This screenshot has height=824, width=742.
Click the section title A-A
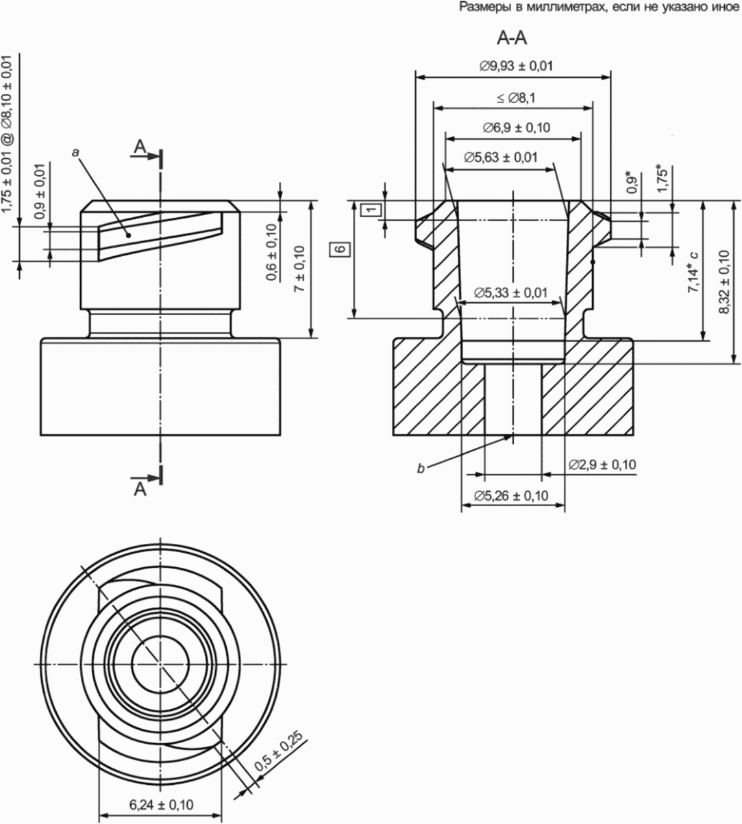(512, 38)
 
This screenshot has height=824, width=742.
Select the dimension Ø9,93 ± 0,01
(517, 66)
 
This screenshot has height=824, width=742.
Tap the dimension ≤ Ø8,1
(516, 98)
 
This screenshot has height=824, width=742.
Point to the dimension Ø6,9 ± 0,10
(517, 128)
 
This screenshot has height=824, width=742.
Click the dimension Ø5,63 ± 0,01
(501, 158)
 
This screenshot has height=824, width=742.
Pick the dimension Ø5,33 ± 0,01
(510, 293)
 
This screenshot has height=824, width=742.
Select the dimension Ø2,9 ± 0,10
(602, 464)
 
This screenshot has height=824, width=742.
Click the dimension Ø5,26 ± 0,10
(511, 496)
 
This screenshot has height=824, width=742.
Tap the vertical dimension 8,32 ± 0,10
(724, 282)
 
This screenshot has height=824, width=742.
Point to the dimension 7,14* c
(693, 272)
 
